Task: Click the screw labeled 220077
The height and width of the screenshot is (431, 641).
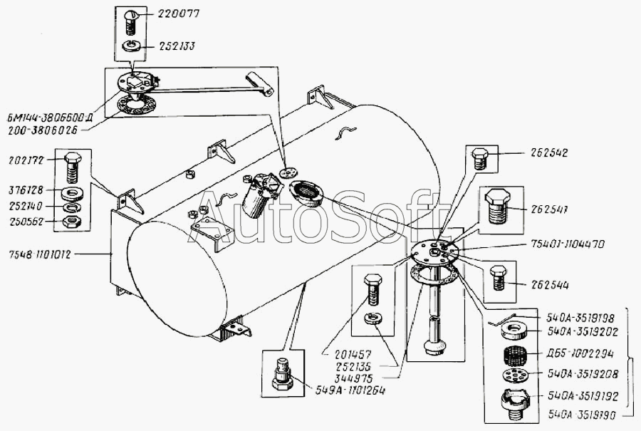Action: click(130, 19)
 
